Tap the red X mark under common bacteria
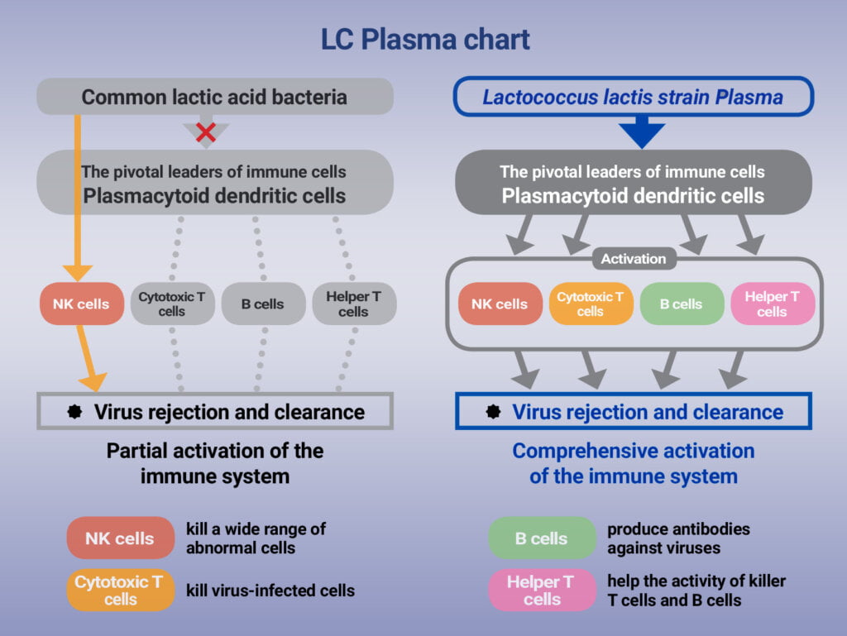click(206, 132)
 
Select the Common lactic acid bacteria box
click(214, 97)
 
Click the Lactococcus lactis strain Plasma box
click(633, 97)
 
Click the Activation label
click(634, 259)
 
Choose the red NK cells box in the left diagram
click(81, 304)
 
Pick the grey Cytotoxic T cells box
click(172, 304)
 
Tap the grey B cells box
click(263, 304)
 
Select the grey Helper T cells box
click(353, 304)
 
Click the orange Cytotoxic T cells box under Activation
click(591, 304)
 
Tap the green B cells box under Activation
click(682, 304)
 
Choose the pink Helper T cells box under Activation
click(772, 304)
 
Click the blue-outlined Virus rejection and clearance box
click(634, 411)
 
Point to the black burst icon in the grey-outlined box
click(74, 411)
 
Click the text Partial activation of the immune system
click(214, 463)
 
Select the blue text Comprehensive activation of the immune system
click(634, 463)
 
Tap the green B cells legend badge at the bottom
click(542, 538)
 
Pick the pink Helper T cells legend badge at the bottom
click(542, 590)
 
